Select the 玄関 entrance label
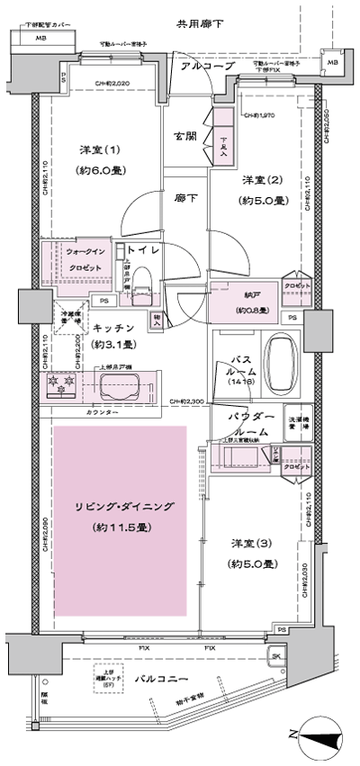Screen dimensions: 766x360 (x=186, y=137)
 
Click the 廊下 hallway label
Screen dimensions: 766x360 (x=186, y=196)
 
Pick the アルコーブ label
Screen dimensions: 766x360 (x=207, y=67)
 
